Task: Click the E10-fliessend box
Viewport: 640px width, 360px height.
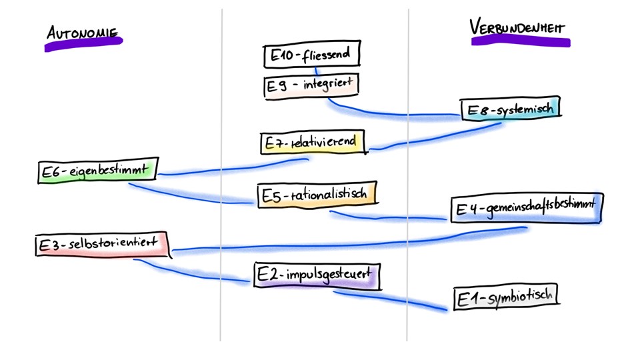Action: (311, 55)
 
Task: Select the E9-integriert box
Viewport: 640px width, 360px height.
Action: (311, 86)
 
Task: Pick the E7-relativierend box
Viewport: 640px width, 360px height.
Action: (313, 143)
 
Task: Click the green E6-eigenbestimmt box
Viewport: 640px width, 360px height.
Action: (97, 171)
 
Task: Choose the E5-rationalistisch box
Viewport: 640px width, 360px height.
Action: (317, 195)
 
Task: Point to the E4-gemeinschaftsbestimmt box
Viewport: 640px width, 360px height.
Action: (526, 209)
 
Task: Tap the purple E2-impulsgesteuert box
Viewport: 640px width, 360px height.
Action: (317, 276)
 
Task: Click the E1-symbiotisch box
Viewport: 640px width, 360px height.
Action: (505, 297)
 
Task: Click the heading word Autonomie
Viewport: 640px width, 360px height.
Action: (82, 31)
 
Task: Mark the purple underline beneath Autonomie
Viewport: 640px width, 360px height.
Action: (83, 44)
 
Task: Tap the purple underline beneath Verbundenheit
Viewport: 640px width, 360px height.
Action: (521, 42)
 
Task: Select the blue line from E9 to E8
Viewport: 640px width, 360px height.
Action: (393, 113)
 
